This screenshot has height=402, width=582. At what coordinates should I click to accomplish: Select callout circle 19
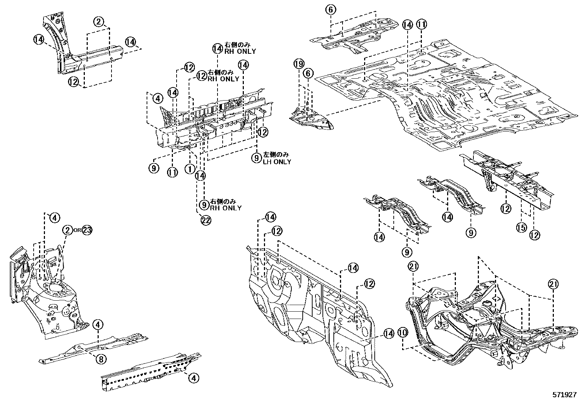(x=299, y=64)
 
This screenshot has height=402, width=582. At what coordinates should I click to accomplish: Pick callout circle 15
(x=521, y=228)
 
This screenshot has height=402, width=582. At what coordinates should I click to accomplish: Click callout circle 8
(x=101, y=359)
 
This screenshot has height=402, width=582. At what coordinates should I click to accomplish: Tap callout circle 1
(x=190, y=169)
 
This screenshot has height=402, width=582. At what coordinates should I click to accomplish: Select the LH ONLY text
(x=277, y=162)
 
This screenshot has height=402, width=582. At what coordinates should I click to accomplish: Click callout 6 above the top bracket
(x=330, y=10)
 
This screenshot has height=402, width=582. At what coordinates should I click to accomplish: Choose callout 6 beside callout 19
(x=308, y=74)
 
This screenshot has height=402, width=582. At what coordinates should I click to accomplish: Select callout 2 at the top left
(x=99, y=22)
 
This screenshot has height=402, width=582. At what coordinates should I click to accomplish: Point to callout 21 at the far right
(x=553, y=284)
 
